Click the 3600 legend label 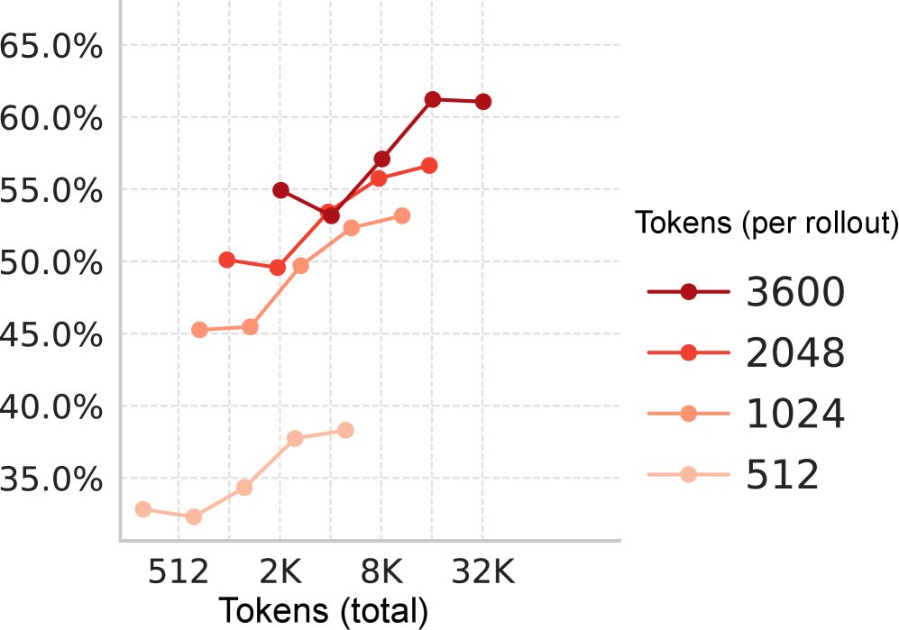pyautogui.click(x=794, y=292)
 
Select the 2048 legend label pyautogui.click(x=794, y=353)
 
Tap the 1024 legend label pyautogui.click(x=794, y=415)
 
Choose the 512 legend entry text pyautogui.click(x=782, y=475)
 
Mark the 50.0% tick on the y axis pyautogui.click(x=50, y=263)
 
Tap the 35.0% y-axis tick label pyautogui.click(x=50, y=479)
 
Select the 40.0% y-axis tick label pyautogui.click(x=50, y=407)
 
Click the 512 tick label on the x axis pyautogui.click(x=179, y=571)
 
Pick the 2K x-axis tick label pyautogui.click(x=280, y=571)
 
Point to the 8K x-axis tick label pyautogui.click(x=381, y=571)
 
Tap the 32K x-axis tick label pyautogui.click(x=482, y=571)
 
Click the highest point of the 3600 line pyautogui.click(x=433, y=99)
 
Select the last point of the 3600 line pyautogui.click(x=483, y=102)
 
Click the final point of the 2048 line pyautogui.click(x=429, y=166)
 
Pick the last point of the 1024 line pyautogui.click(x=402, y=216)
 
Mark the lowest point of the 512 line pyautogui.click(x=194, y=516)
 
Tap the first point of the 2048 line pyautogui.click(x=227, y=260)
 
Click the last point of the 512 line pyautogui.click(x=345, y=430)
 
